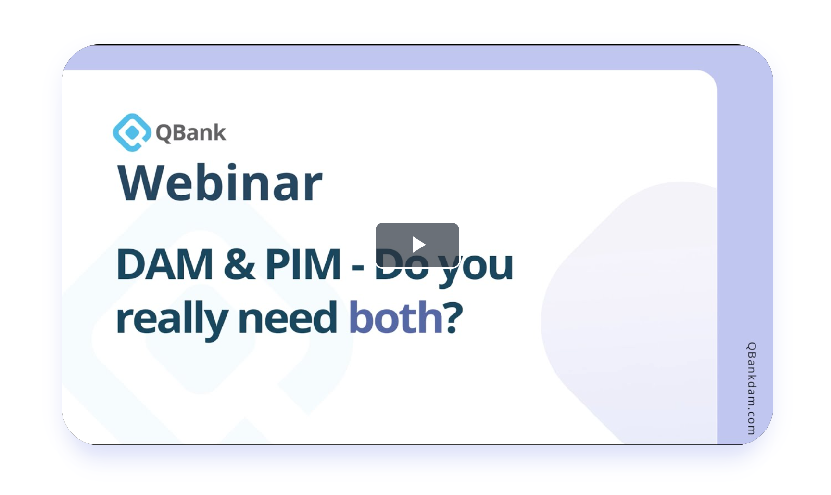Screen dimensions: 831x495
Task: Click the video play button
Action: (417, 245)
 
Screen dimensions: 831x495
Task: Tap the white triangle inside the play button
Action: (418, 245)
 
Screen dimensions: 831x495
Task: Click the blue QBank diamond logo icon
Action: (132, 132)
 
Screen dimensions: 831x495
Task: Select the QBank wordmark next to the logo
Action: (190, 133)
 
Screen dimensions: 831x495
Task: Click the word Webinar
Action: (220, 183)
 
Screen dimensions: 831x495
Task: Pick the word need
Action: (288, 317)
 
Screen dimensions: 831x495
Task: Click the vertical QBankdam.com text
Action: (751, 389)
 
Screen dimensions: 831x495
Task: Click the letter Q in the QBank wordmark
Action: (164, 133)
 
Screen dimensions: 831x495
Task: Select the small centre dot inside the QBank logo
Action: (132, 132)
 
